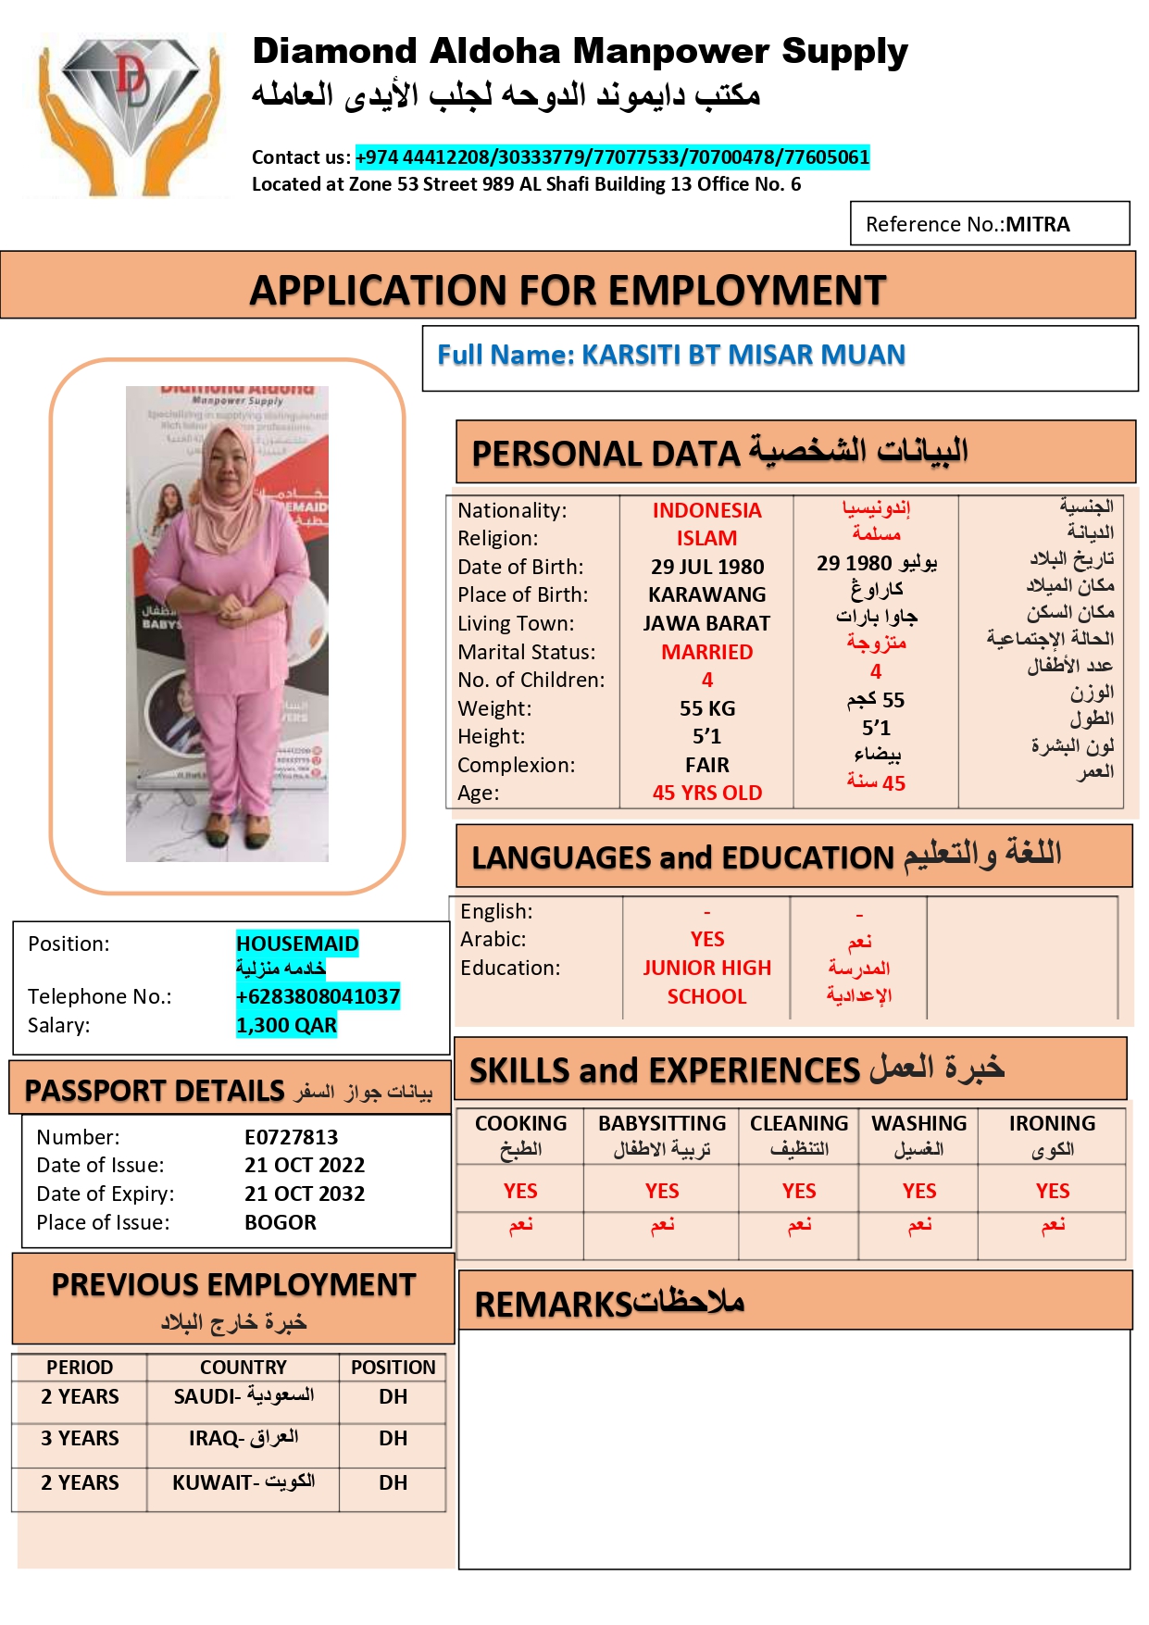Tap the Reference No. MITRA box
tap(989, 224)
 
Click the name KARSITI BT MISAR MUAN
tap(743, 355)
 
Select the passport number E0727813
tap(291, 1137)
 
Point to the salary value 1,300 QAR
tap(286, 1025)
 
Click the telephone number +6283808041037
tap(318, 996)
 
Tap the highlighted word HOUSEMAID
tap(297, 944)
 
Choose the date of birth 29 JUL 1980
tap(707, 567)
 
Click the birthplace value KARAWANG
tap(707, 594)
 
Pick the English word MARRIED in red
tap(707, 652)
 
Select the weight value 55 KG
tap(707, 708)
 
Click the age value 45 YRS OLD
tap(707, 793)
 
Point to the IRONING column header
tap(1052, 1123)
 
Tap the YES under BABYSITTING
tap(662, 1191)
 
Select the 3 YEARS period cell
tap(80, 1438)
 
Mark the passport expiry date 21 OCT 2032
tap(305, 1194)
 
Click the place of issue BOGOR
tap(281, 1222)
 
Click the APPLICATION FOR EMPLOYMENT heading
tap(568, 290)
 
